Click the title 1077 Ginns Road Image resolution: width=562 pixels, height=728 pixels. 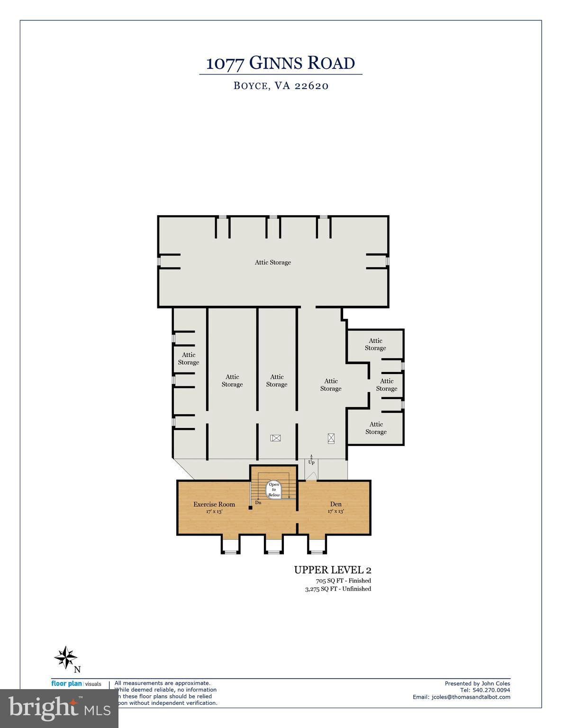pos(281,63)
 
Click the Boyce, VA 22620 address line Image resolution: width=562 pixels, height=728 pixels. pos(281,86)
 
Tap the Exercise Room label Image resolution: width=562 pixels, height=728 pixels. pos(214,504)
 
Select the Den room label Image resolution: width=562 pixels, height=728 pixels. pos(335,504)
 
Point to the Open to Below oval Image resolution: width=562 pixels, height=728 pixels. pos(274,490)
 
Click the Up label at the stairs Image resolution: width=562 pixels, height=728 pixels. pos(311,462)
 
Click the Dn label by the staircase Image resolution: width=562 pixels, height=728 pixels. pos(258,502)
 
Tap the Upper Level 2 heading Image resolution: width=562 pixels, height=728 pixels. pos(332,570)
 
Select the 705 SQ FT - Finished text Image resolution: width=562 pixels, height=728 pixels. pos(343,581)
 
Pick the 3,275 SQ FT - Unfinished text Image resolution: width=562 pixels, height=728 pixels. pos(338,589)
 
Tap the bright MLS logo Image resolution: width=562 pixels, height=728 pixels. pos(59,708)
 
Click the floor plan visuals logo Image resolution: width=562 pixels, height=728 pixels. pos(76,683)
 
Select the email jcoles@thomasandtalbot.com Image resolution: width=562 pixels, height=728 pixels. pos(461,697)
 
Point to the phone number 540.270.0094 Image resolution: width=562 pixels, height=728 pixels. pos(491,690)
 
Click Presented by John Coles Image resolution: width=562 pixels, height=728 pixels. pos(477,683)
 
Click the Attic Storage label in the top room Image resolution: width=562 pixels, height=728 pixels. pos(273,262)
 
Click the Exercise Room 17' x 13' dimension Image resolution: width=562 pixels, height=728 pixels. pos(214,511)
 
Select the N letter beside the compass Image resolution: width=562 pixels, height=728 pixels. pos(77,669)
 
